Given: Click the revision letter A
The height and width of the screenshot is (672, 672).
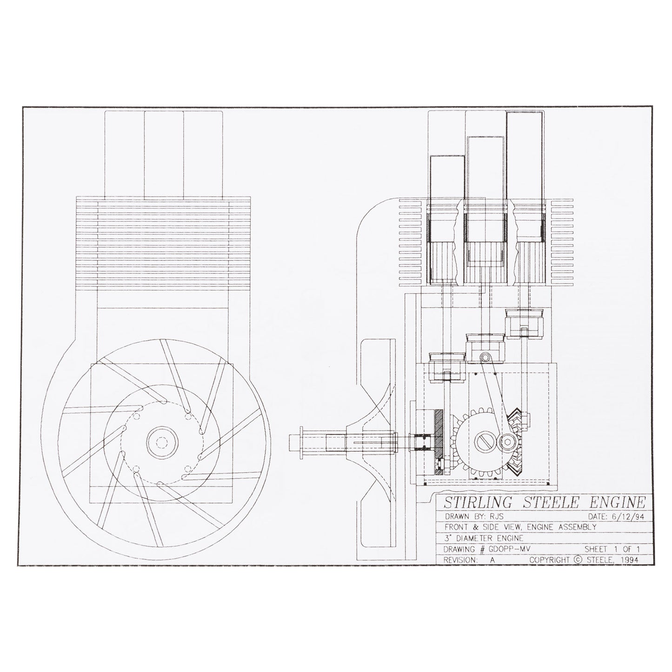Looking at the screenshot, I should [492, 560].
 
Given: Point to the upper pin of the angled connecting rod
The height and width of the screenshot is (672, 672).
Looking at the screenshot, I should [485, 357].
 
